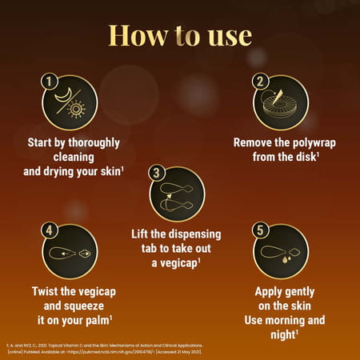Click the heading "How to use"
pos(180,36)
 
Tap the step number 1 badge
pos(49,81)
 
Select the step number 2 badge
pos(260,81)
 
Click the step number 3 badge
pos(157,173)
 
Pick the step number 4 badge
pos(49,230)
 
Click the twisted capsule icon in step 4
pos(70,253)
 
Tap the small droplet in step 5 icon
pos(294,257)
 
